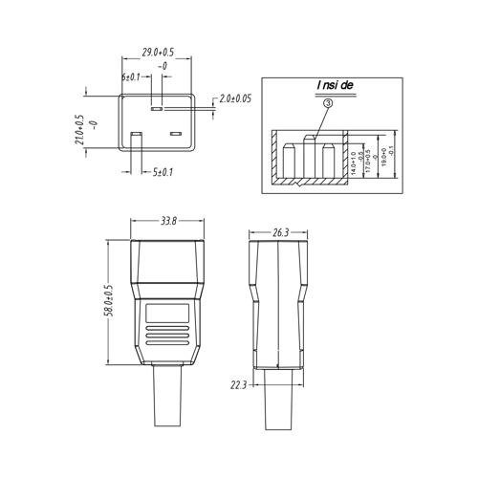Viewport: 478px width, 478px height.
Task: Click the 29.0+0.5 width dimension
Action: [158, 52]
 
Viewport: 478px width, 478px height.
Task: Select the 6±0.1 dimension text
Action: [131, 76]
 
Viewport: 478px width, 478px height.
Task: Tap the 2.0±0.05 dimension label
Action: [235, 98]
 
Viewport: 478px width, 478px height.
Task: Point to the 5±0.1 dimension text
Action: [163, 172]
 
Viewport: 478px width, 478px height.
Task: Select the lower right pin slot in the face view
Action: [176, 133]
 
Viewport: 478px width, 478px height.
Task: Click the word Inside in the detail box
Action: [335, 85]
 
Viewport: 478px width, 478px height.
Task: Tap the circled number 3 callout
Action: [328, 102]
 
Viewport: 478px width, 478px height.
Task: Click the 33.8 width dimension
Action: [168, 221]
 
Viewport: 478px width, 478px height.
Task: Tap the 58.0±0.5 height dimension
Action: [108, 302]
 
